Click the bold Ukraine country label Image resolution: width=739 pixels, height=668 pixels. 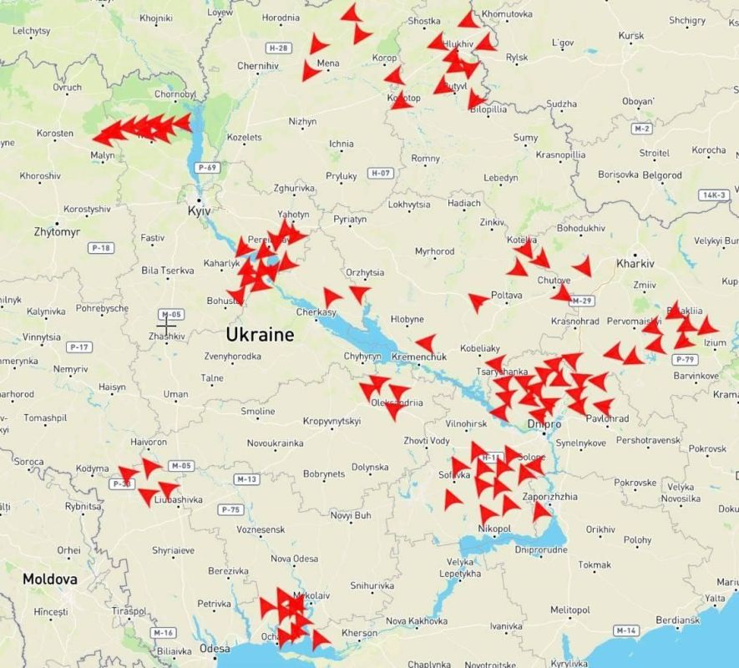click(260, 335)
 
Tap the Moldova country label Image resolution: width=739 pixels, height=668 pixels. click(50, 579)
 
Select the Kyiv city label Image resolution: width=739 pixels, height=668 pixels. click(199, 212)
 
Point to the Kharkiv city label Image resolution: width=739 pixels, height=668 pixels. click(635, 263)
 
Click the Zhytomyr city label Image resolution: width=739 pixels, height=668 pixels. click(57, 231)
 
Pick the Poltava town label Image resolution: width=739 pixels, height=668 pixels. click(506, 295)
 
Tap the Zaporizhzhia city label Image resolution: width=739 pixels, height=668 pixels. click(549, 497)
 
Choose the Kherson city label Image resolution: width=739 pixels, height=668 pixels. click(360, 634)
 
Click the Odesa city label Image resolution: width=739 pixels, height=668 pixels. click(215, 648)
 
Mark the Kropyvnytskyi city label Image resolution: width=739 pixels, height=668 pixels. click(332, 421)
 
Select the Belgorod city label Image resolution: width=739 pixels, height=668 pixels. click(661, 175)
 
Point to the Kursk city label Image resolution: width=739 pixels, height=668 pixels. click(631, 36)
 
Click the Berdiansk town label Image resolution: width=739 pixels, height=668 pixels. click(677, 620)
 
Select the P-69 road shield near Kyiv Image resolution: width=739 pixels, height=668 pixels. click(206, 168)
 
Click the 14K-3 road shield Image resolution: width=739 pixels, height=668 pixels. click(714, 195)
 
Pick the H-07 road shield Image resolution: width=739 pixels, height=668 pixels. click(381, 173)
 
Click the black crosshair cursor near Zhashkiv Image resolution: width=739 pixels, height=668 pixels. click(166, 324)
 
